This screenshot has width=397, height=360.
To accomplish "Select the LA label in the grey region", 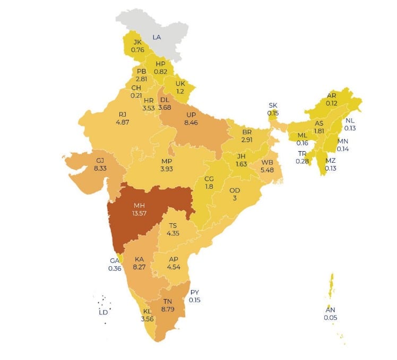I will pyautogui.click(x=157, y=37).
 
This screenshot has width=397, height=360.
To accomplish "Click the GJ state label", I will pyautogui.click(x=100, y=160).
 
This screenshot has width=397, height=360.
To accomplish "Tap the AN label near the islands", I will pyautogui.click(x=330, y=310).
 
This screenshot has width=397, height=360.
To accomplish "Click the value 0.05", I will pyautogui.click(x=330, y=318).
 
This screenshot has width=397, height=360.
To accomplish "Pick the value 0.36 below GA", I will pyautogui.click(x=115, y=268).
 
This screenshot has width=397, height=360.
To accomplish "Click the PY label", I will pyautogui.click(x=194, y=292).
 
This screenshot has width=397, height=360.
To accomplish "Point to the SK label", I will pyautogui.click(x=273, y=106).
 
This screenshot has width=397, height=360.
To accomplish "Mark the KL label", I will pyautogui.click(x=147, y=312).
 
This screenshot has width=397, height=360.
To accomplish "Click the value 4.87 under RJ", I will pyautogui.click(x=123, y=121).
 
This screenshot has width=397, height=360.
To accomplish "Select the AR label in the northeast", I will pyautogui.click(x=332, y=95).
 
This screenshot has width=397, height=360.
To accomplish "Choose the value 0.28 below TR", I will pyautogui.click(x=303, y=161).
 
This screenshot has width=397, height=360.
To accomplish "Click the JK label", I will pyautogui.click(x=137, y=42).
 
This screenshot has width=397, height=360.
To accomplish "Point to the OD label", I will pyautogui.click(x=235, y=190).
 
